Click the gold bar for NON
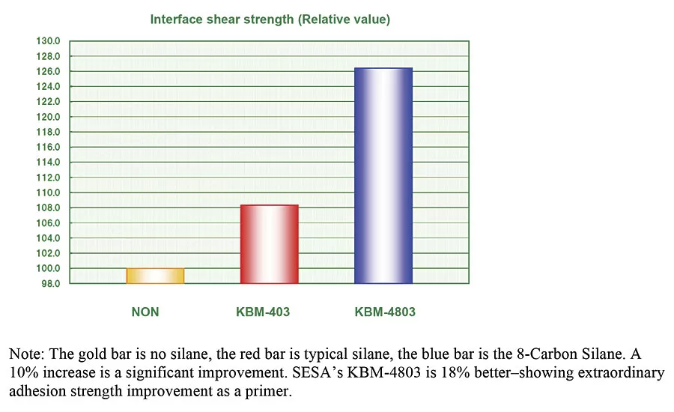click(155, 276)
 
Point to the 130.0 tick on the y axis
click(49, 41)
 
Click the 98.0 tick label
click(50, 284)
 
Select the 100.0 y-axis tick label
click(49, 269)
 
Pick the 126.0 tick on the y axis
click(49, 72)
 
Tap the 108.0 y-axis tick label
click(49, 208)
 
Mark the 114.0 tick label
click(49, 163)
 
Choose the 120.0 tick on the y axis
click(49, 117)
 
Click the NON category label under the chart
click(145, 312)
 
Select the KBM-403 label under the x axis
click(258, 312)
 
